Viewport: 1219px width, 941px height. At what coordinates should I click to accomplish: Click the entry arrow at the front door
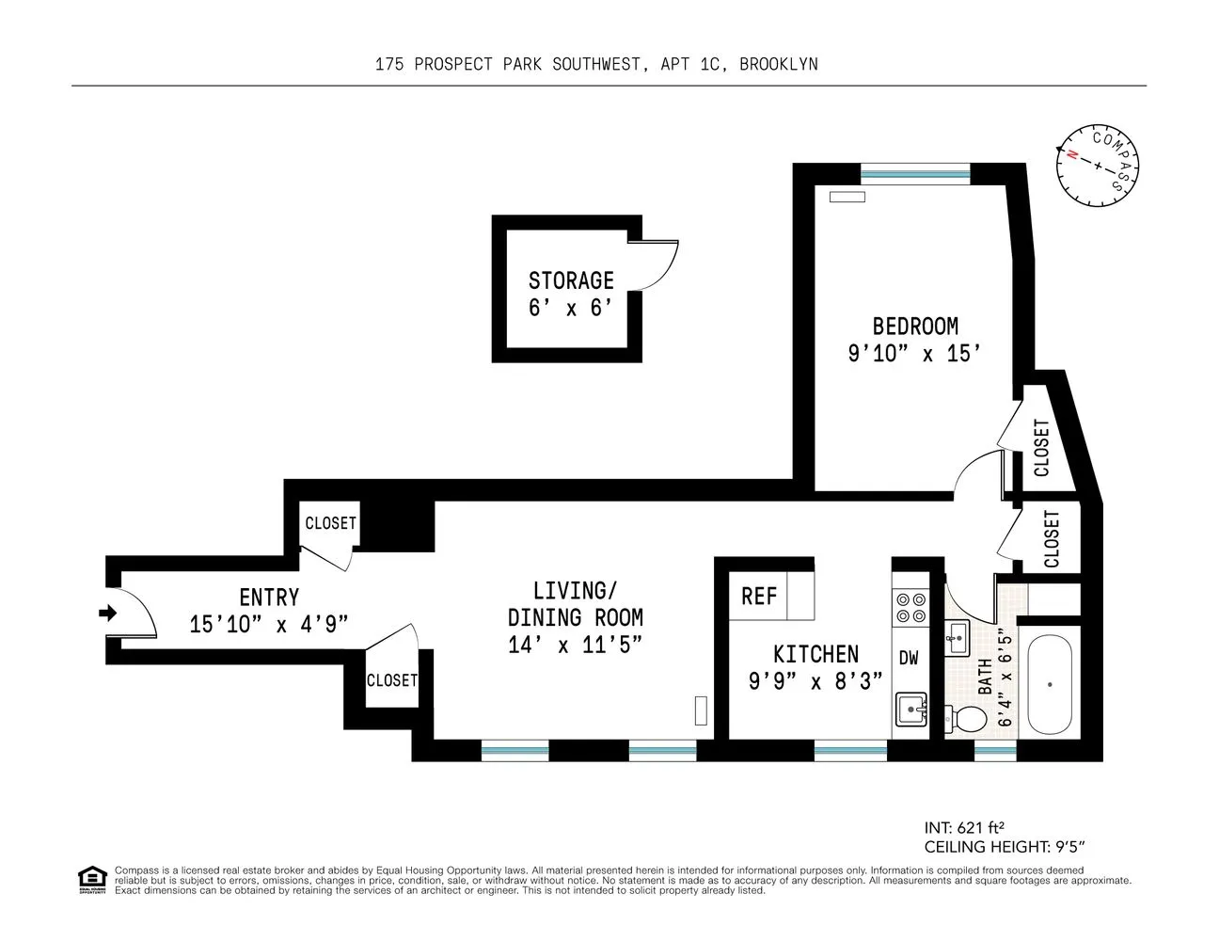107,614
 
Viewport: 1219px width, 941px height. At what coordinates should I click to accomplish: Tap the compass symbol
1097,166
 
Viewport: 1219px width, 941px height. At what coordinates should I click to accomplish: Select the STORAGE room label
570,280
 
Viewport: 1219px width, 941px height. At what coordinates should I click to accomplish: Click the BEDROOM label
915,327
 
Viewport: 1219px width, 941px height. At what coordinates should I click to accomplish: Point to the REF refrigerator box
759,597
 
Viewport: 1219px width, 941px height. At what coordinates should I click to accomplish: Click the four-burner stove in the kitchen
910,608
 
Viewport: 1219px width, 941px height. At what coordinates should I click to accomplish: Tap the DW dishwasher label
909,659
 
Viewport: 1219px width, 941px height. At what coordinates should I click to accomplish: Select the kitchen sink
910,710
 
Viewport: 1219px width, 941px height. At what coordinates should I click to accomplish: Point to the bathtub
1050,685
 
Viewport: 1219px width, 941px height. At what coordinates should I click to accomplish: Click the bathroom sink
958,637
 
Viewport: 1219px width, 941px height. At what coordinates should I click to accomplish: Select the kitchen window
850,751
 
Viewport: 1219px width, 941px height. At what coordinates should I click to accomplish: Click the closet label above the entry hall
330,523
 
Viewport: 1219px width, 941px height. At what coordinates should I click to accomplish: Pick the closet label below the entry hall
391,680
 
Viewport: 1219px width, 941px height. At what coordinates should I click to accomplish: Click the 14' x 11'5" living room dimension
575,646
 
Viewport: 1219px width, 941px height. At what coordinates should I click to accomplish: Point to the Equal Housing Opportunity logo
91,879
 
